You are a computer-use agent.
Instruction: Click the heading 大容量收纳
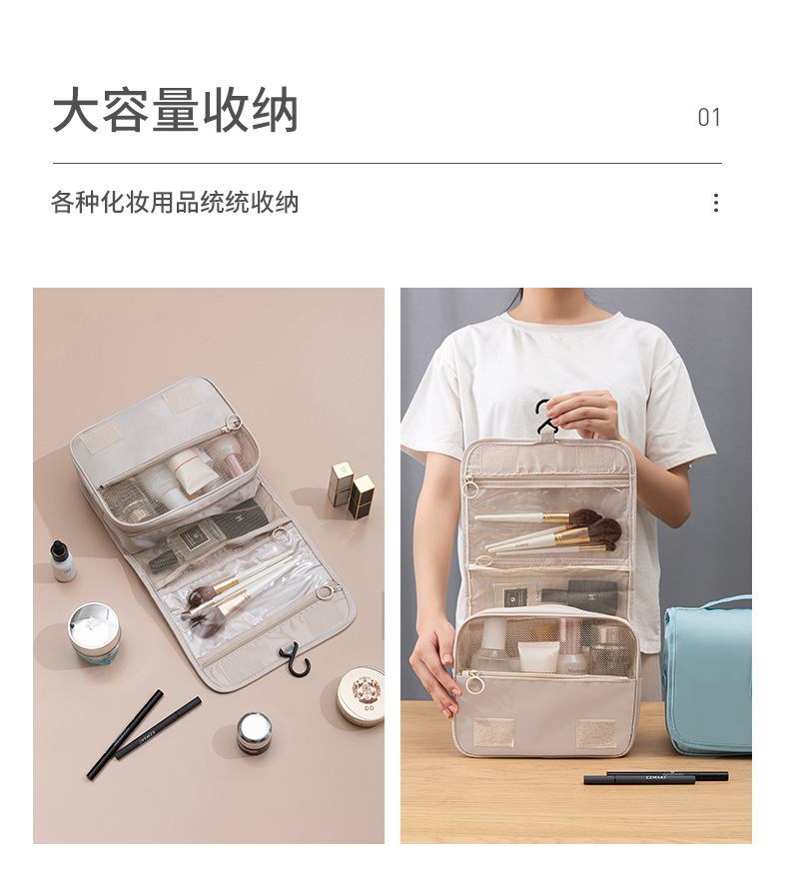[x=175, y=111]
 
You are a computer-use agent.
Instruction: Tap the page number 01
[x=709, y=117]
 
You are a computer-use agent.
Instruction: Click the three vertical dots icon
[x=716, y=203]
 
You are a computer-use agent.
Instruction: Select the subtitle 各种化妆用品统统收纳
[x=175, y=202]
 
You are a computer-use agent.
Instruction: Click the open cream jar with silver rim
[x=94, y=633]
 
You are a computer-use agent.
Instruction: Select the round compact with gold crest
[x=361, y=695]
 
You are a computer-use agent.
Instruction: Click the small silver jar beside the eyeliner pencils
[x=254, y=732]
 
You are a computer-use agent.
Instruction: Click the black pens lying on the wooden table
[x=655, y=777]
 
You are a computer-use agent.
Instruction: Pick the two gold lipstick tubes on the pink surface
[x=351, y=489]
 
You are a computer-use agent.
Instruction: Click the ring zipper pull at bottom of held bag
[x=474, y=683]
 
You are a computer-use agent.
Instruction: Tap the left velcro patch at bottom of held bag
[x=493, y=732]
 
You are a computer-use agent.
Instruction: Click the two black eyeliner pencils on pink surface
[x=144, y=733]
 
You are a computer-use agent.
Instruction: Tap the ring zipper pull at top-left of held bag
[x=470, y=488]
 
